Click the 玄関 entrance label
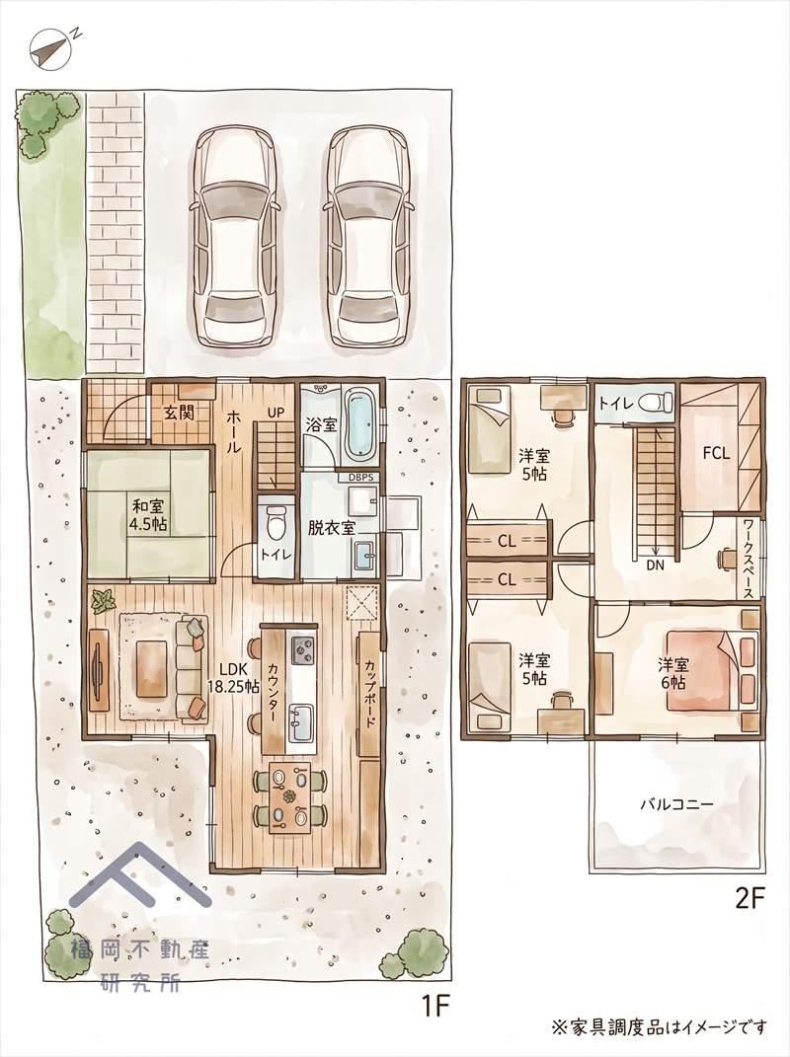coord(179,412)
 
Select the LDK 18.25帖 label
coord(233,677)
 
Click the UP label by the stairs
coord(276,412)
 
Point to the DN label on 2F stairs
coord(655,566)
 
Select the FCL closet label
coord(717,454)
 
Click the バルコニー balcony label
coord(676,804)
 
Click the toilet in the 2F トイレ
coord(655,403)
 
